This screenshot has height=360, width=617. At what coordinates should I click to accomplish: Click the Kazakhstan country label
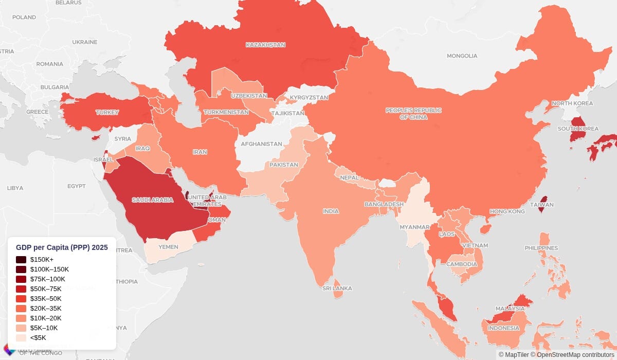pos(265,45)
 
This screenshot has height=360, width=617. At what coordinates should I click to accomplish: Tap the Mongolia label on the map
pos(462,56)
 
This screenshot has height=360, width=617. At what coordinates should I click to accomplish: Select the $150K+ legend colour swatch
pos(21,260)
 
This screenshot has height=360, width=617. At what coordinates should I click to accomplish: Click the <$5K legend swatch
pos(21,338)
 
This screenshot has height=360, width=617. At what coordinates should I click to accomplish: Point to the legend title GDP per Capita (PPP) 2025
pos(62,247)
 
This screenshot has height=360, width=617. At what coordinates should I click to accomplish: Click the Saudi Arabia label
pos(152,200)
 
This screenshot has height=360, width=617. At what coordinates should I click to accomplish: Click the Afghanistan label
pos(262,144)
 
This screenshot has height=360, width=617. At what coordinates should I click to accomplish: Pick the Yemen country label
pos(168,247)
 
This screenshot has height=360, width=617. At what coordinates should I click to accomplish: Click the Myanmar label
pos(412,227)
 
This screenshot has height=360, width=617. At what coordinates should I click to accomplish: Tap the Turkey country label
pos(107,112)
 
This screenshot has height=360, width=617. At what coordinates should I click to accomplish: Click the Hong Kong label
pos(507,211)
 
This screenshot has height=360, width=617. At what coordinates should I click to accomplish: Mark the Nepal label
pos(349,177)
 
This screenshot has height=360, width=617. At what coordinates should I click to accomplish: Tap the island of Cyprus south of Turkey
pos(95,137)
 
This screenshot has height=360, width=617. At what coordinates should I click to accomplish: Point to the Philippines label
pos(541,248)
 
